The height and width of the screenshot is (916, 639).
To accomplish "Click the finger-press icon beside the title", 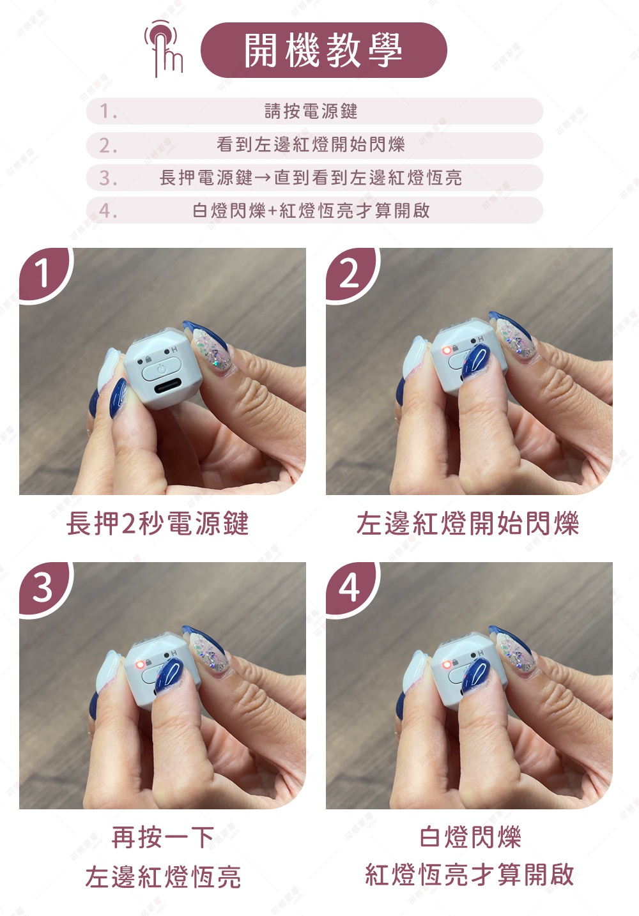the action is click(x=164, y=49).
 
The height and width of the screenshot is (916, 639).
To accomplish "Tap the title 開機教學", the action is click(x=323, y=50).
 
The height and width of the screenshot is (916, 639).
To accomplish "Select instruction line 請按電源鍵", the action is click(x=311, y=111).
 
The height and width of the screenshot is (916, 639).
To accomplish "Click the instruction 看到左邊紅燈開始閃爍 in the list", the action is click(x=311, y=144).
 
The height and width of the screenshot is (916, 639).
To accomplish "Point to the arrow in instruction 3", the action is click(x=263, y=178).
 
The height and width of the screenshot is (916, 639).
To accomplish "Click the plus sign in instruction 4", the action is click(x=272, y=211).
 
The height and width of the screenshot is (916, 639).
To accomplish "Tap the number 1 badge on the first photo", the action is click(x=43, y=273).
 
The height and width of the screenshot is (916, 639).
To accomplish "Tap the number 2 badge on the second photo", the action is click(x=350, y=273).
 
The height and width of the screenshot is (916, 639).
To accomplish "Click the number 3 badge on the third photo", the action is click(x=43, y=587).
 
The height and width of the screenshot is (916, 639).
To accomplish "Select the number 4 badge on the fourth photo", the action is click(x=350, y=587).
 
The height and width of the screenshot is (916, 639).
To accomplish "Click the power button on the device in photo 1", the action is click(x=161, y=368).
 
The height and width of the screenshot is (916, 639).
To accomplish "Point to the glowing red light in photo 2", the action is click(x=447, y=351).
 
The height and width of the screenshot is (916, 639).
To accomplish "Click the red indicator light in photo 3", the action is click(x=140, y=664).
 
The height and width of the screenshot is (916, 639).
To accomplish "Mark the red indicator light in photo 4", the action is click(x=447, y=664).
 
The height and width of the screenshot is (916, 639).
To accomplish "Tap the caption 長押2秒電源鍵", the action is click(x=157, y=523).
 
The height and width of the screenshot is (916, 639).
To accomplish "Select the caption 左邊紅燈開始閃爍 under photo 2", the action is click(x=468, y=523).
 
